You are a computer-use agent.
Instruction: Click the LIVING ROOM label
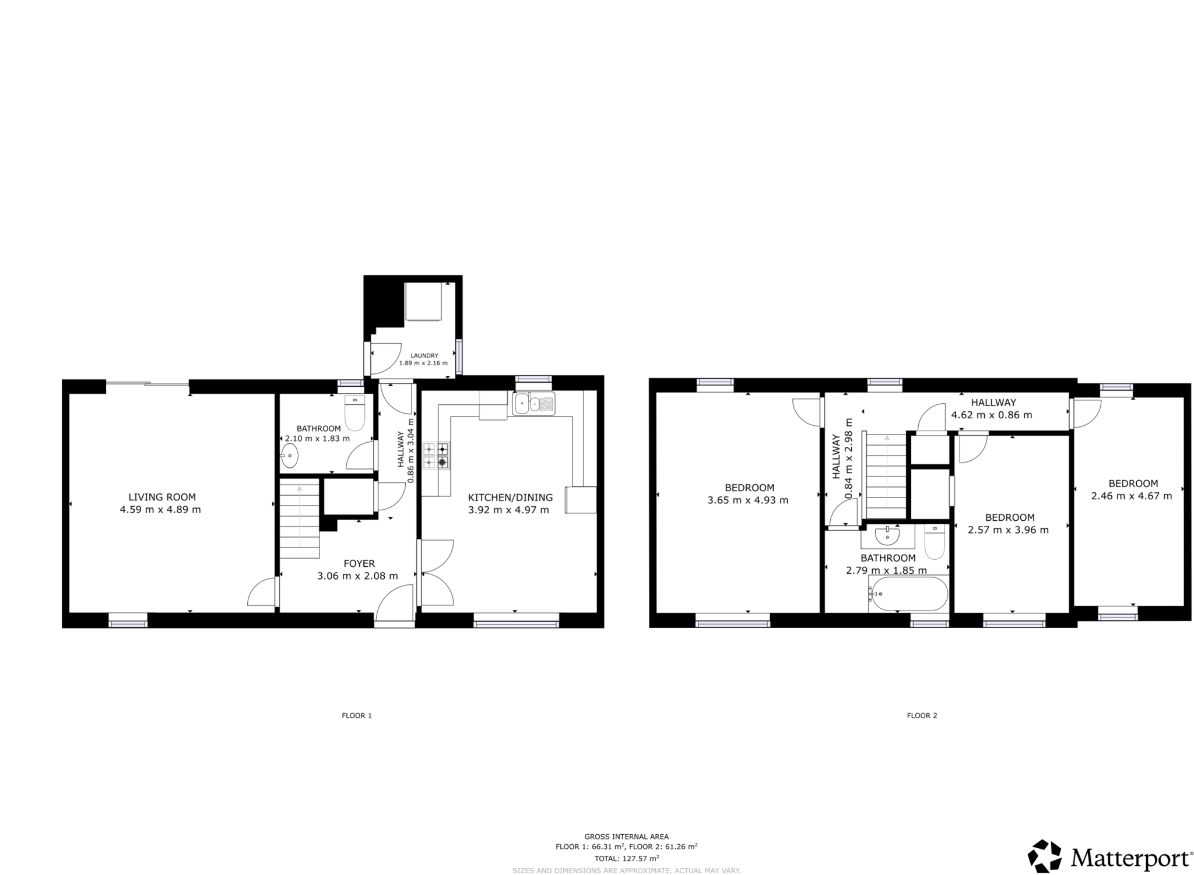click(162, 497)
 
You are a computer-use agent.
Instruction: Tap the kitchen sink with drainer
click(533, 403)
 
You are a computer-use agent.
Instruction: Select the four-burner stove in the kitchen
click(436, 456)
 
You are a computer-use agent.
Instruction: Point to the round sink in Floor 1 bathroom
click(290, 456)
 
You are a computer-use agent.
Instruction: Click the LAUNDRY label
click(424, 355)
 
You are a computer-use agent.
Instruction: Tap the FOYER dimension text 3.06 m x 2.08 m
click(357, 576)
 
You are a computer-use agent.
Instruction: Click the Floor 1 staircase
click(300, 519)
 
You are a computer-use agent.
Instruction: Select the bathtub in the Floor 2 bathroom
click(908, 593)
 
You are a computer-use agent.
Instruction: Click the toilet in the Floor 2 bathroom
click(934, 542)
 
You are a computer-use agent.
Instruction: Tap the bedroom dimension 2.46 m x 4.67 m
click(1131, 496)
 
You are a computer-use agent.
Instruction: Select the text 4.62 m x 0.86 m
click(991, 415)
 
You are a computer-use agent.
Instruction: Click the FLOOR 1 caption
click(356, 715)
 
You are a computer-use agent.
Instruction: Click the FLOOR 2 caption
click(922, 715)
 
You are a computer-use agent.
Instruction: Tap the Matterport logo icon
click(1045, 856)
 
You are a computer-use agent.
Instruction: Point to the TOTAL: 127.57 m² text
click(626, 858)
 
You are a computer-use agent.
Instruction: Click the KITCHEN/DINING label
click(510, 497)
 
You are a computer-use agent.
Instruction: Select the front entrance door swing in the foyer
click(394, 604)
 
